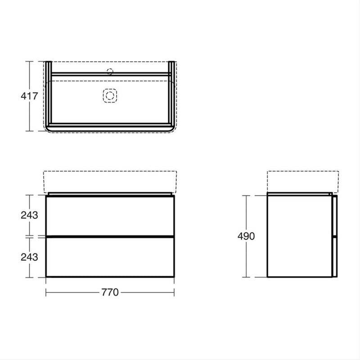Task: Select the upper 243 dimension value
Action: (29, 215)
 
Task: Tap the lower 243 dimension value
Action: (29, 256)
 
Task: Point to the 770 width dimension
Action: (110, 292)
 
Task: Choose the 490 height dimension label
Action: (247, 236)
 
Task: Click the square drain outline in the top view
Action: (110, 95)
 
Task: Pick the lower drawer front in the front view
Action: (110, 256)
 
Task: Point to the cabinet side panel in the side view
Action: (299, 236)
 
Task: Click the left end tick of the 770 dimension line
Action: (47, 292)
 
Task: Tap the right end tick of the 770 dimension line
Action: (174, 292)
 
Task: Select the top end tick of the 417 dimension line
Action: (30, 61)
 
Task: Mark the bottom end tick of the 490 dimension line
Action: (247, 277)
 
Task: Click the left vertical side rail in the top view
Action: (47, 94)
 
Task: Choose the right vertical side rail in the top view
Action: (172, 94)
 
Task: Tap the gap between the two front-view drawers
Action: (110, 236)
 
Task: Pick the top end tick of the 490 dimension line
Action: (247, 195)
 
